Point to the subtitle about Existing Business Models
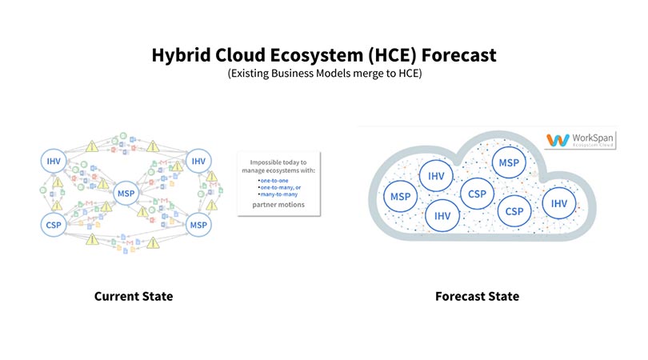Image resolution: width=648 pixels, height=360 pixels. [324, 73]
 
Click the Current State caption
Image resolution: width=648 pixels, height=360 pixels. [134, 296]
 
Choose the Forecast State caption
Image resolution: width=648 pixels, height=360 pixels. [477, 296]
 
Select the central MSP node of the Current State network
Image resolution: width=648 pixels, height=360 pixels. [126, 194]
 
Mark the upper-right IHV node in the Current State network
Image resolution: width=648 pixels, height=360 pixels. [198, 162]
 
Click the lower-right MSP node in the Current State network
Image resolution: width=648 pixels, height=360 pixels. [198, 226]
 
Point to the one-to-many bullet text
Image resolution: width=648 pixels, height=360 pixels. [281, 188]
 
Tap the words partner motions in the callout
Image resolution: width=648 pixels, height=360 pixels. [278, 206]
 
